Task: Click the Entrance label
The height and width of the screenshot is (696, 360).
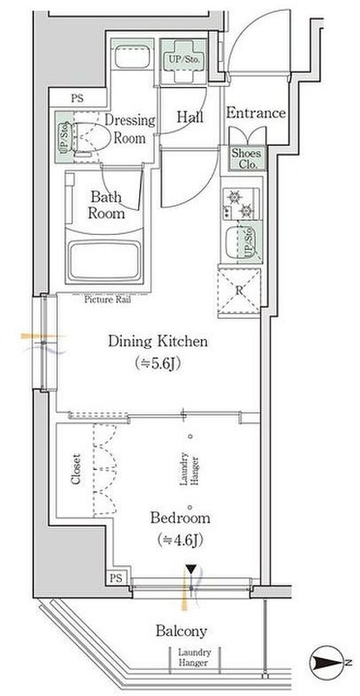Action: click(x=256, y=113)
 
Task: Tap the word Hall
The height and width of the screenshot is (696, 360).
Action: click(x=190, y=117)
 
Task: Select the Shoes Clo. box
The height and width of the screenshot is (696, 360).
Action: click(x=248, y=158)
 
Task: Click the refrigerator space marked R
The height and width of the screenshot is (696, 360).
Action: click(x=239, y=291)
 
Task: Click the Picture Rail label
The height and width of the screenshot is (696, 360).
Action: click(x=108, y=300)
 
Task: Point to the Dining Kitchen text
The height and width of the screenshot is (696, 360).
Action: click(x=158, y=341)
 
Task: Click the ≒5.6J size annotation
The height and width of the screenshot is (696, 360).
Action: click(x=158, y=364)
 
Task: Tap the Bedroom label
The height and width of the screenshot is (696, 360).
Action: click(x=180, y=518)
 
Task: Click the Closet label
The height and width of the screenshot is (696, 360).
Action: click(x=76, y=469)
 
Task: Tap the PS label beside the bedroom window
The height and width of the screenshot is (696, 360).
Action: click(x=116, y=578)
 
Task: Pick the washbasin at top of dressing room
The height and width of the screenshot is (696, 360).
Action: click(x=132, y=57)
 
